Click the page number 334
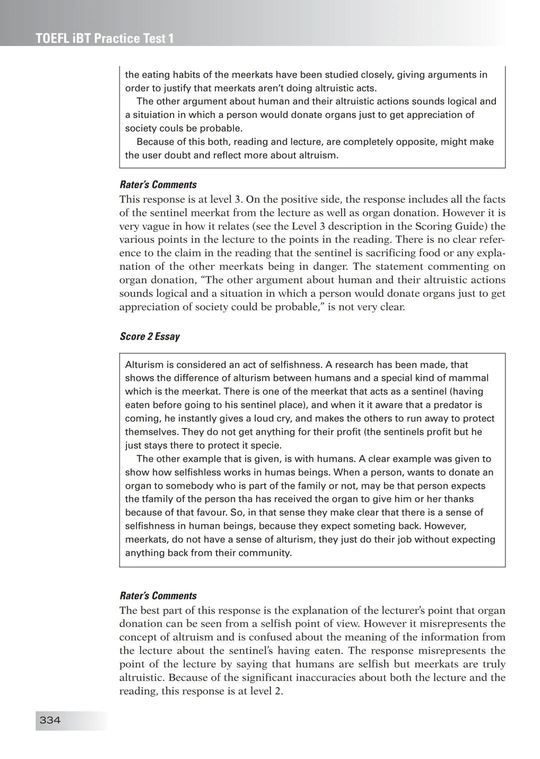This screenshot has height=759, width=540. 50,720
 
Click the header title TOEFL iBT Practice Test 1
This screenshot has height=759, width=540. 105,38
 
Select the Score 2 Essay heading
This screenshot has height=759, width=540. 149,336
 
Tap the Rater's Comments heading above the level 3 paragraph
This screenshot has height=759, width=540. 158,184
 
